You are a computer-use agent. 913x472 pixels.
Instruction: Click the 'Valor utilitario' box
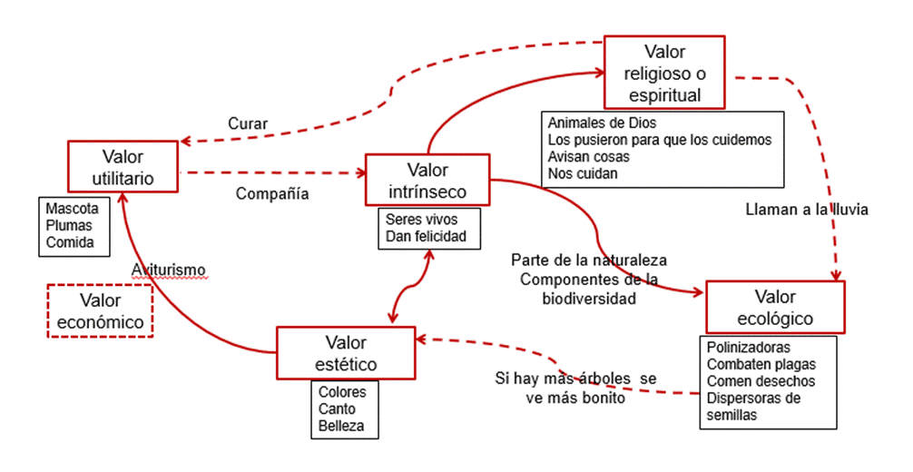point(123,166)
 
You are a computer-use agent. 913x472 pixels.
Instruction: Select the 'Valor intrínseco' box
point(427,181)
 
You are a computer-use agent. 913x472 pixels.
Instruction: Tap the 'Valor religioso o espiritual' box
point(664,72)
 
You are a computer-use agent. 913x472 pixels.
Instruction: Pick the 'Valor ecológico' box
point(774,308)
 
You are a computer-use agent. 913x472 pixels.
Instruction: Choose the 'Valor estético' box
point(345,353)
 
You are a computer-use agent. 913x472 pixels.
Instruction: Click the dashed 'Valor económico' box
point(100,310)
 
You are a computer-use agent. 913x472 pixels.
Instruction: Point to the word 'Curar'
point(247,124)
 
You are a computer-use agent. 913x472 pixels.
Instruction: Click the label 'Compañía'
point(272,193)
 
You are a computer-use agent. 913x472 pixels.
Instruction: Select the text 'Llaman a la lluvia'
point(806,209)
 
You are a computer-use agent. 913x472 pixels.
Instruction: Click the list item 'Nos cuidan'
point(583,172)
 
